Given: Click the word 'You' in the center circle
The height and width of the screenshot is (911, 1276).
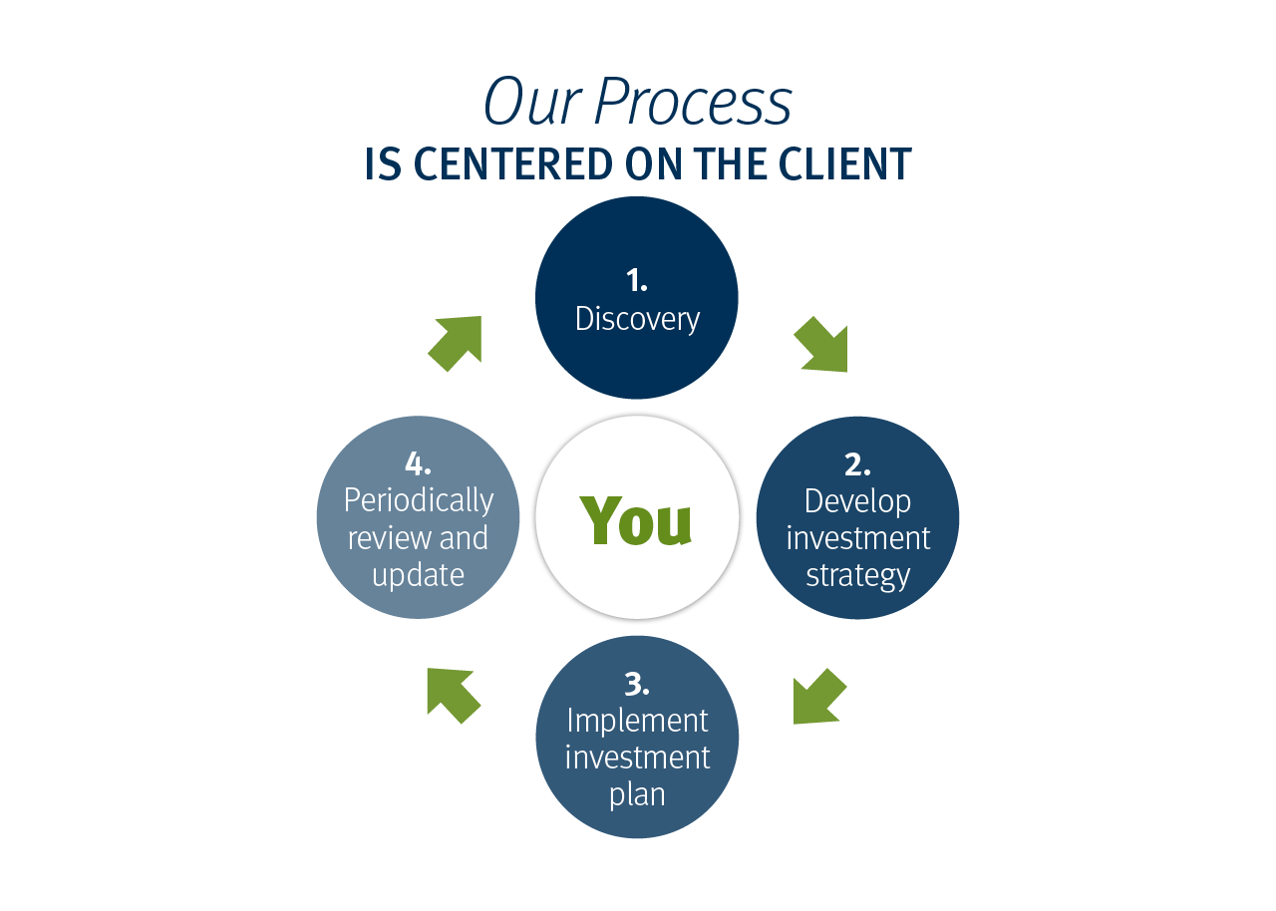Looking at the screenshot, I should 636,520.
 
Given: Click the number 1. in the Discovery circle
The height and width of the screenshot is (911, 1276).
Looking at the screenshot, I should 637,281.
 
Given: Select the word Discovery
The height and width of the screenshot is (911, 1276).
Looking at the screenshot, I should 637,319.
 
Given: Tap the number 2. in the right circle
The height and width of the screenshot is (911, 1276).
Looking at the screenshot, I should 857,464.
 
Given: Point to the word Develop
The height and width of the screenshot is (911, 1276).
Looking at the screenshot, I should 857,500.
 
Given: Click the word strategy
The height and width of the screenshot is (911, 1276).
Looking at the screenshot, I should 857,576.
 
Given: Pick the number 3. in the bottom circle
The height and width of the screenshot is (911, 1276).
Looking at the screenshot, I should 637,684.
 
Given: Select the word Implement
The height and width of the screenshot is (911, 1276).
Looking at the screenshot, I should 637,720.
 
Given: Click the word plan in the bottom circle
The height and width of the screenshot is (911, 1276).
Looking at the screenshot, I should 637,794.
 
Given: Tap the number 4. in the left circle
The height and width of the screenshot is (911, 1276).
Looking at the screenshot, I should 418,463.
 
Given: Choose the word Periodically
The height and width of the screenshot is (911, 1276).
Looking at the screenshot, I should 418,500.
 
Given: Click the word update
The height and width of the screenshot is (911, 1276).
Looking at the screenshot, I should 418,575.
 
